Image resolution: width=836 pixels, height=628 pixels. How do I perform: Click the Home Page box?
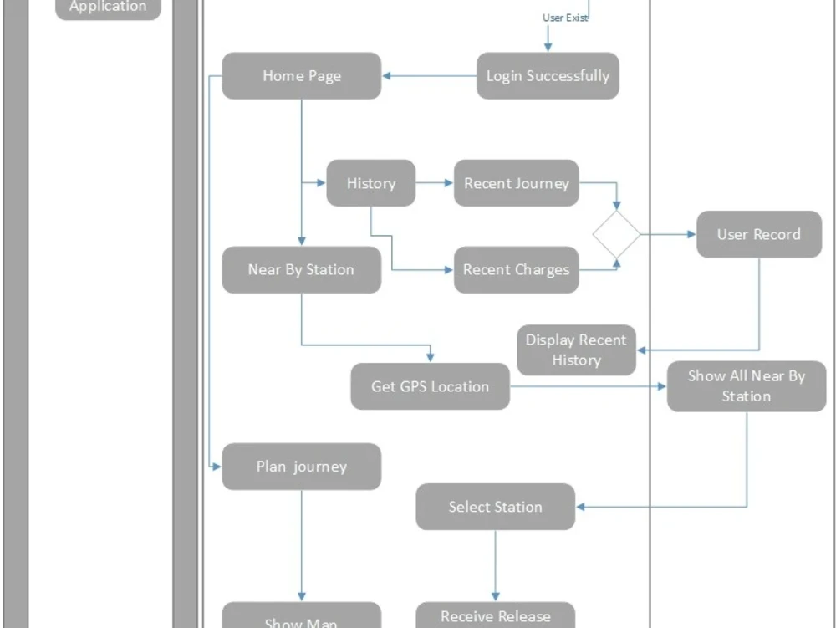(x=302, y=76)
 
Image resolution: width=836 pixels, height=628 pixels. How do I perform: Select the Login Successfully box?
(x=548, y=76)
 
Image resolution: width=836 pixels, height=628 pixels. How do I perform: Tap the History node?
(x=370, y=183)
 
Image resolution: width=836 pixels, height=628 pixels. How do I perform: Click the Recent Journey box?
(x=516, y=183)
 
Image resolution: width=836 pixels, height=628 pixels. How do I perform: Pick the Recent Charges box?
(x=516, y=269)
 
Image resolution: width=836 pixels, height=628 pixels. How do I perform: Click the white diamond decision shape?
(x=617, y=235)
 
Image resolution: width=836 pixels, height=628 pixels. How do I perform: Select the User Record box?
(x=758, y=234)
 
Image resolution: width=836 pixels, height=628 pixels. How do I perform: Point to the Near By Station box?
(x=301, y=269)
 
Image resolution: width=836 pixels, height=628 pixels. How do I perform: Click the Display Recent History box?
(x=576, y=350)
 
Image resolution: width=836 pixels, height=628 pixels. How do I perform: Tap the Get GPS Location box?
(x=430, y=386)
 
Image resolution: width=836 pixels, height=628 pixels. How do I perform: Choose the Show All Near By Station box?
(x=746, y=386)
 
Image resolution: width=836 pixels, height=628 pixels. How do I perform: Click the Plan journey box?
(x=301, y=467)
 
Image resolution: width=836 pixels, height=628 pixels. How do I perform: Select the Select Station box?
(x=495, y=507)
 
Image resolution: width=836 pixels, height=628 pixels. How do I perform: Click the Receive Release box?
(x=495, y=616)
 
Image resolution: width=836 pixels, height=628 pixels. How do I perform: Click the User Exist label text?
(x=565, y=18)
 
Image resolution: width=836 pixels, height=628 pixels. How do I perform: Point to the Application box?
(x=107, y=8)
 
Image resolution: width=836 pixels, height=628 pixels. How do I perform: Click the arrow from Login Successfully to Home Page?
(x=429, y=76)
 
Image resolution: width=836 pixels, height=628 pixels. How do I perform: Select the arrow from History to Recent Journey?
(x=434, y=183)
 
